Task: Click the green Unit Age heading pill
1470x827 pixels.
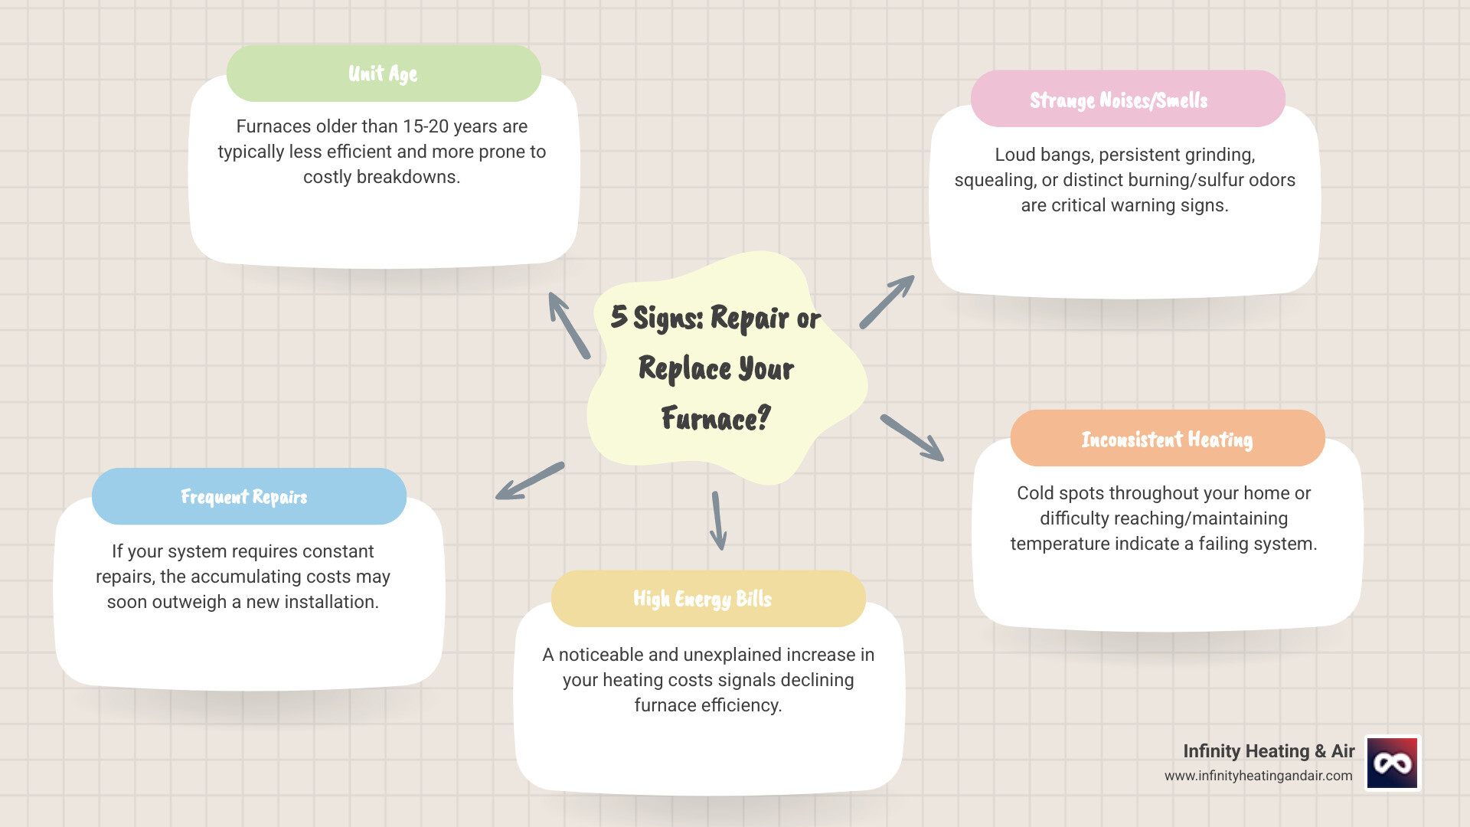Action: [384, 74]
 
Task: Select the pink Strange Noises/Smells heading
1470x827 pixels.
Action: [1127, 100]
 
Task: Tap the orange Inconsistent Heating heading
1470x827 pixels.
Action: [1167, 439]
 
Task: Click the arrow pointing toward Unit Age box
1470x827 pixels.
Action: [569, 325]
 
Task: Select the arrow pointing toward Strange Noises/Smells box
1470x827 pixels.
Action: [887, 302]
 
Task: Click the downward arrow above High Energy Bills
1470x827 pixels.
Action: [717, 521]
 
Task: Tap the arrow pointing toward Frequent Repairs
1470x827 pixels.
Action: [530, 481]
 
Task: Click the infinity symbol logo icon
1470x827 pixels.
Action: [1392, 763]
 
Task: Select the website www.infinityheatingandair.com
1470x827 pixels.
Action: [1258, 776]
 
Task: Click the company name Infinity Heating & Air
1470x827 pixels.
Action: [1268, 751]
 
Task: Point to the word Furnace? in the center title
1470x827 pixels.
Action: [715, 419]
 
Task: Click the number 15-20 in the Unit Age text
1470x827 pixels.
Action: [426, 126]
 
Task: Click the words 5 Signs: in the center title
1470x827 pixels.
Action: [656, 317]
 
